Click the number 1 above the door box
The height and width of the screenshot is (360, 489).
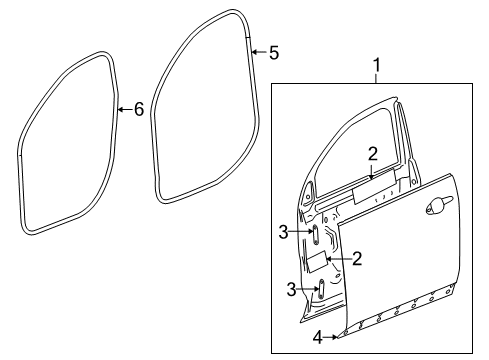click(x=376, y=68)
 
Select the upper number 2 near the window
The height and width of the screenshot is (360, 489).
click(x=371, y=153)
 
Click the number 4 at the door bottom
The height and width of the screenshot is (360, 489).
click(x=317, y=337)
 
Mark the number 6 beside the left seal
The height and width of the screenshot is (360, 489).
click(x=138, y=109)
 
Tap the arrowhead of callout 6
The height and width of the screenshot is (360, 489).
click(x=116, y=109)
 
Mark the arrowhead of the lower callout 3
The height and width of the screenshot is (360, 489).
click(x=317, y=290)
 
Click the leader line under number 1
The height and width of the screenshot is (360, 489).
click(x=376, y=83)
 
